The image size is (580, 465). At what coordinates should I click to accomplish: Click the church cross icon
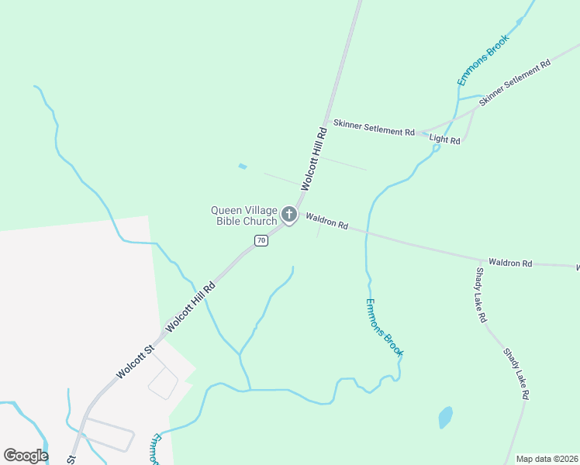[x=289, y=214]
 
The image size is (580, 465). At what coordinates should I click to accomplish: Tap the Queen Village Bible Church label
[x=244, y=215]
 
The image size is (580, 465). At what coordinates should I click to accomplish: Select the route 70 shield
[x=261, y=240]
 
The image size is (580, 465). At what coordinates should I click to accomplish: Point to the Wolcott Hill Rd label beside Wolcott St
[x=189, y=306]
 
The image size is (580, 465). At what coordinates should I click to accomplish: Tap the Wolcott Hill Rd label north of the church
[x=315, y=159]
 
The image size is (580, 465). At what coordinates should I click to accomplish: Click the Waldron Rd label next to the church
[x=326, y=221]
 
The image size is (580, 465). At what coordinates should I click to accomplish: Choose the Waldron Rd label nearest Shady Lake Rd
[x=509, y=263]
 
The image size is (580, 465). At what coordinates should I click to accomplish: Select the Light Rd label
[x=445, y=140]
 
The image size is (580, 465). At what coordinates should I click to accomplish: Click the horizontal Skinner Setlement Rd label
[x=374, y=128]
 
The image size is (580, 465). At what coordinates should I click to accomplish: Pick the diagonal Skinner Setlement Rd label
[x=514, y=82]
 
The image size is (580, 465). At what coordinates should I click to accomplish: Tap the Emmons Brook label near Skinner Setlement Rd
[x=482, y=60]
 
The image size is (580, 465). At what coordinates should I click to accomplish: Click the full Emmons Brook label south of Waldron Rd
[x=384, y=327]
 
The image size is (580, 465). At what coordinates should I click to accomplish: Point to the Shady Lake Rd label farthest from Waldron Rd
[x=516, y=373]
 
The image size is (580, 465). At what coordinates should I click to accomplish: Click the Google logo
[x=26, y=456]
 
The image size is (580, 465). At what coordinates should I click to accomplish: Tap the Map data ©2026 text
[x=546, y=459]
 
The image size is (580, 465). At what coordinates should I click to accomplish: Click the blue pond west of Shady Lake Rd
[x=445, y=417]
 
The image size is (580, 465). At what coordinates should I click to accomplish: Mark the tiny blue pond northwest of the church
[x=243, y=166]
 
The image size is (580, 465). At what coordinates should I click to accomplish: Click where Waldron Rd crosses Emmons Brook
[x=366, y=230]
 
